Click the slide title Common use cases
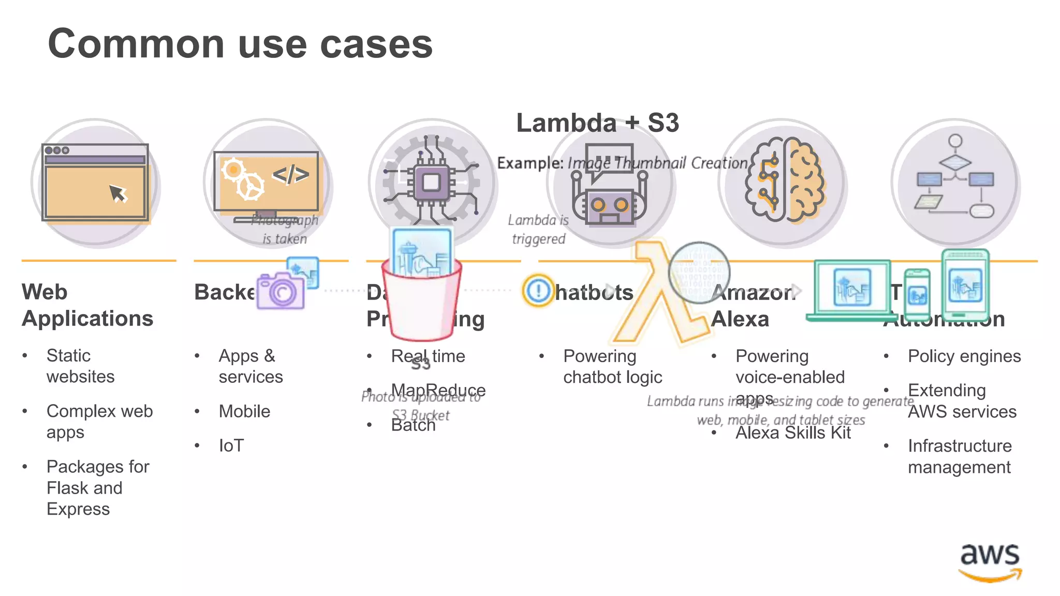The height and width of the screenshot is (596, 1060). (240, 43)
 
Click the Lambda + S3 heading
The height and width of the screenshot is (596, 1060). (597, 123)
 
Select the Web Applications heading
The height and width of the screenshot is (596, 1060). (87, 305)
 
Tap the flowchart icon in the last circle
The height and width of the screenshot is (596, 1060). (955, 178)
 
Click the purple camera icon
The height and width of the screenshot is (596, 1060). (281, 291)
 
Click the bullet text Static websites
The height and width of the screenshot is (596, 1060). (80, 366)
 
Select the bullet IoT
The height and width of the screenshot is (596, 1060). (231, 445)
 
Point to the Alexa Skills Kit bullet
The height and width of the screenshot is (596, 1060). (793, 433)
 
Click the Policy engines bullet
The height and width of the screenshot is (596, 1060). (964, 356)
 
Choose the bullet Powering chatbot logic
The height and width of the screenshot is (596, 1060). (612, 366)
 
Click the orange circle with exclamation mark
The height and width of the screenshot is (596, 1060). (538, 290)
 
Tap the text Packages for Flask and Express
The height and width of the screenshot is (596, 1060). (97, 487)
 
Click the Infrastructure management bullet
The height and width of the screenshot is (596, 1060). (960, 456)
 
